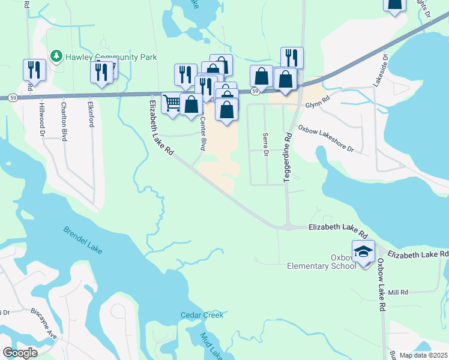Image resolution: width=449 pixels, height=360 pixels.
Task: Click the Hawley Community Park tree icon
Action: click(x=56, y=56)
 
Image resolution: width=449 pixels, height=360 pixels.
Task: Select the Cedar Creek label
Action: click(x=202, y=315)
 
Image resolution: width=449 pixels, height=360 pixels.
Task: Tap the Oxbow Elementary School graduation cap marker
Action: click(x=363, y=251)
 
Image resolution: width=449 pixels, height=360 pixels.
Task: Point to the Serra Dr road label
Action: click(x=265, y=144)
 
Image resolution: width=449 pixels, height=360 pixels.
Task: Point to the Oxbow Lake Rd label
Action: click(x=380, y=284)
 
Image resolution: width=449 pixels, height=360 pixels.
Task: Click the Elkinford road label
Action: click(x=91, y=113)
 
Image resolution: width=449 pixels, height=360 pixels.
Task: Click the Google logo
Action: click(x=20, y=353)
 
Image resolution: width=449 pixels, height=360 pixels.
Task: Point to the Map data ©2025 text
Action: click(x=423, y=355)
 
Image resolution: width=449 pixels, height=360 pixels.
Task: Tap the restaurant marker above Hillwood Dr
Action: click(x=34, y=70)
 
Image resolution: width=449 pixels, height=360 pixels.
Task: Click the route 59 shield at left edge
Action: click(x=13, y=97)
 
